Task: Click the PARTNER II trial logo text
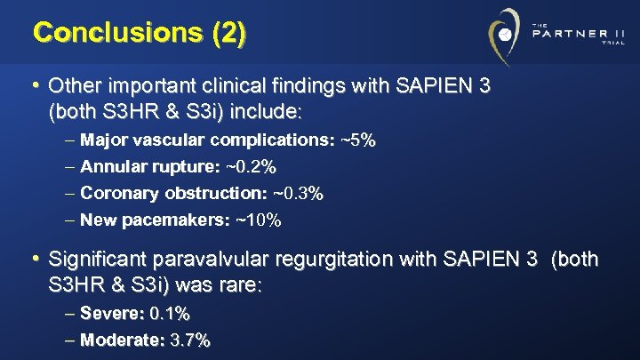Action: point(577,35)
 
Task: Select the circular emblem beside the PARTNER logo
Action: point(504,35)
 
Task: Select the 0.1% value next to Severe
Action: point(170,313)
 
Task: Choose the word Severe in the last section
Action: point(111,313)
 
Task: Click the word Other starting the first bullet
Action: point(72,87)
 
